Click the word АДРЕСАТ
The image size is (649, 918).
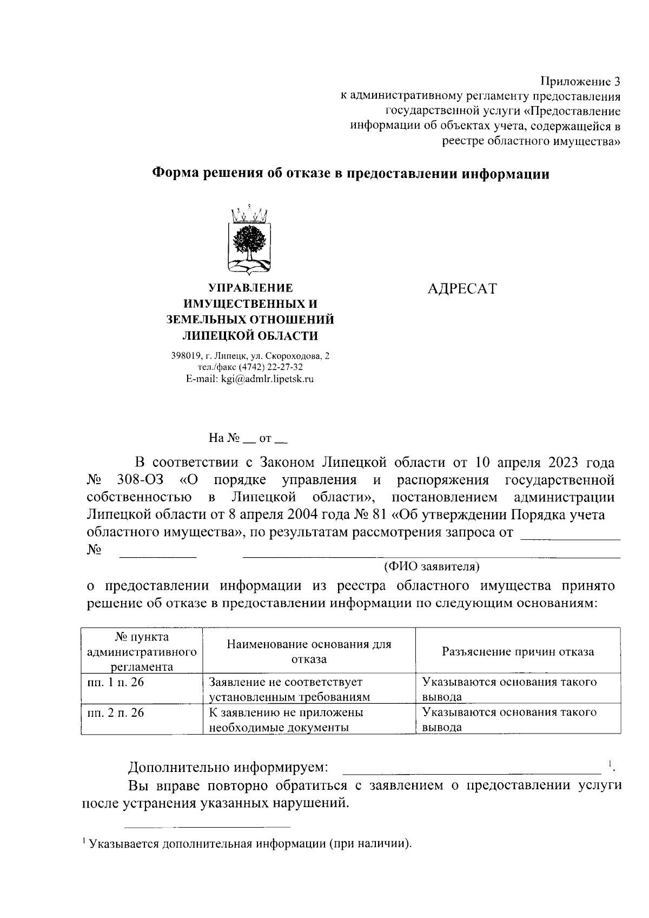(x=461, y=289)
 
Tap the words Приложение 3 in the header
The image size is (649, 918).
(x=580, y=82)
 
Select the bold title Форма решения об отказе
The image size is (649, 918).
(x=351, y=174)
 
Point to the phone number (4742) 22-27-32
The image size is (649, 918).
(x=274, y=367)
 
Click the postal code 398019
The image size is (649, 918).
(x=185, y=356)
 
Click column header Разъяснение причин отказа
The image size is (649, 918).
(x=518, y=651)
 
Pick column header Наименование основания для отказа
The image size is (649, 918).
(x=309, y=651)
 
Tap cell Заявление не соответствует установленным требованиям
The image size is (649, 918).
(x=289, y=689)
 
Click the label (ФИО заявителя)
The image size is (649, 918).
(x=432, y=566)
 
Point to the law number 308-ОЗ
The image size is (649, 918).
(x=140, y=480)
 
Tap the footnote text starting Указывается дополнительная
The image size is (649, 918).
(x=250, y=843)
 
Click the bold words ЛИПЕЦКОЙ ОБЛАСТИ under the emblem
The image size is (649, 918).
(x=250, y=335)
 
